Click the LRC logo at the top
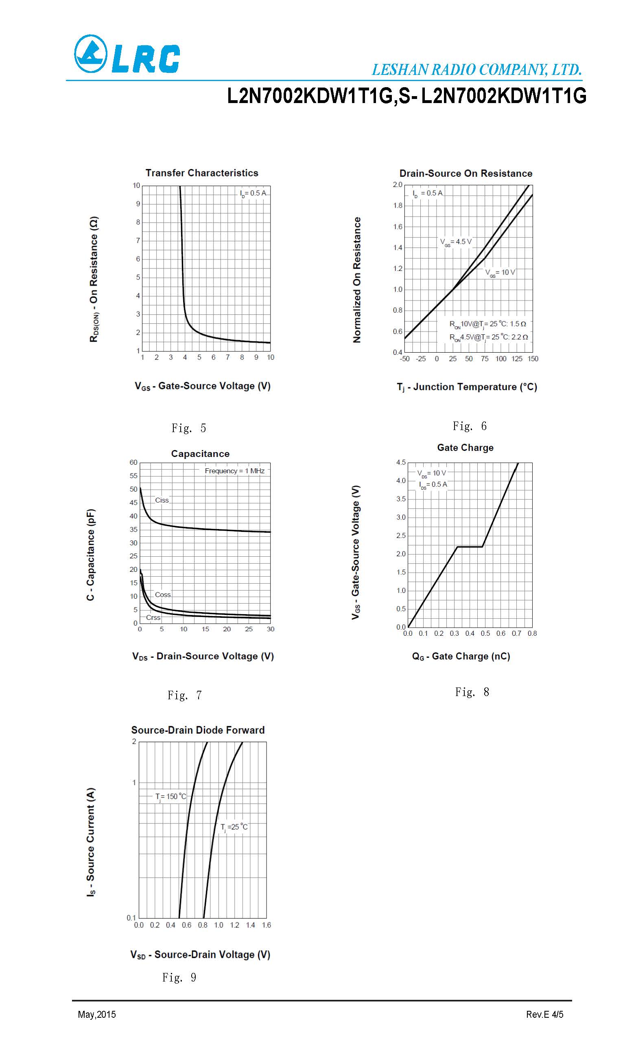127,54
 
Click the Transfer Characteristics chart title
202,173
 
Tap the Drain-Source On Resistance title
466,173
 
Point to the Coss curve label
162,595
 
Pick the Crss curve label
153,617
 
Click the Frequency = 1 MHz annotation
235,471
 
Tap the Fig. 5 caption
188,428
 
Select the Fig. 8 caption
472,692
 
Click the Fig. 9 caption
179,977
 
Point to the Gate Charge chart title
465,448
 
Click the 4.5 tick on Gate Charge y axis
400,462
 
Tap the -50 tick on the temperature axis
405,359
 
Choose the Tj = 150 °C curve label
170,797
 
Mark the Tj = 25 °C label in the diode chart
234,827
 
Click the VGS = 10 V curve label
500,272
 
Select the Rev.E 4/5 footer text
545,1014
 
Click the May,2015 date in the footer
97,1014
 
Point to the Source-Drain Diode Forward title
198,730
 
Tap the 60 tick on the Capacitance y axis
133,462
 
